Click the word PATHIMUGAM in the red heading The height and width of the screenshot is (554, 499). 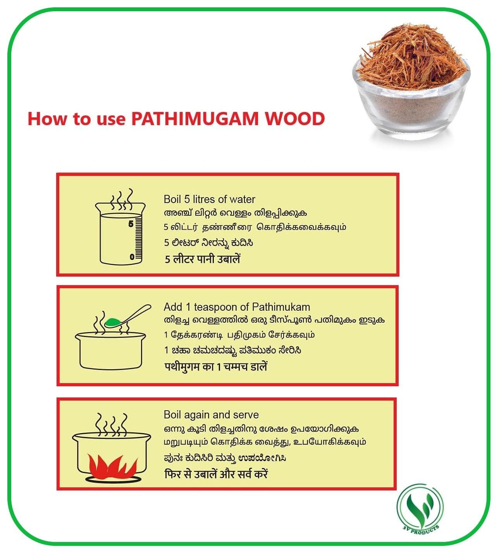[x=194, y=119]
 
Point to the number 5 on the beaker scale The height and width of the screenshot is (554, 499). [x=131, y=224]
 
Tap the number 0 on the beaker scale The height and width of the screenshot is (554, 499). [x=132, y=256]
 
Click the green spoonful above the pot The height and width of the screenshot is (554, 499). [x=113, y=322]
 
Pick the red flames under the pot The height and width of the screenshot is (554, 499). [x=112, y=465]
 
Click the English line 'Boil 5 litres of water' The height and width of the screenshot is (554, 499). [x=209, y=200]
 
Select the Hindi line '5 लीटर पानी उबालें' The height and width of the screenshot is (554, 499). [x=203, y=259]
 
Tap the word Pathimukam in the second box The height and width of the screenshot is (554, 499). [x=281, y=307]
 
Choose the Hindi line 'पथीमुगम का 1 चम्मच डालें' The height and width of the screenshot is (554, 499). [x=215, y=366]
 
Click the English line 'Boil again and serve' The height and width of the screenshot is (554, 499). [x=211, y=415]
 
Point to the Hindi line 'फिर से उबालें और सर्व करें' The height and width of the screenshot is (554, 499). [x=216, y=474]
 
